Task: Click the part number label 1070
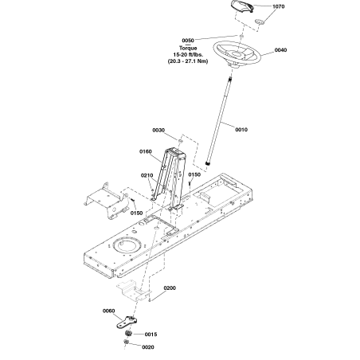pos(279,6)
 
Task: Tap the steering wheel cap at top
pos(242,6)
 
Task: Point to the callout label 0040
pos(280,50)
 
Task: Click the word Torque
pos(188,49)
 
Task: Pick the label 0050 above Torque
pos(188,41)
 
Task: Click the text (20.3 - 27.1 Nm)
pos(188,61)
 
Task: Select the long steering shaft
pos(220,121)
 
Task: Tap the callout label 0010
pos(241,130)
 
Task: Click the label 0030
pos(158,131)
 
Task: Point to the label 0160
pos(146,151)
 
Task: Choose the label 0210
pos(147,175)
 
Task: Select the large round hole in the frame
pos(127,245)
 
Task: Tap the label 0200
pos(170,288)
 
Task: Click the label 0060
pos(108,311)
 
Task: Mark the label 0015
pos(151,335)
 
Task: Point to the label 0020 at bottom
pos(148,347)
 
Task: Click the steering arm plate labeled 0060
pos(127,322)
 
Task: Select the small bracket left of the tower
pos(106,202)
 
